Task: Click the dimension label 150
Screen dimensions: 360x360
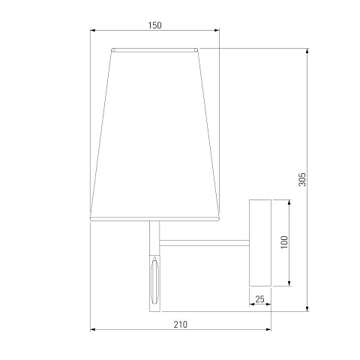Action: [154, 25]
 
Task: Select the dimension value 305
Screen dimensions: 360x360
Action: [302, 179]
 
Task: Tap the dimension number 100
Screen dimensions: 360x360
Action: [284, 242]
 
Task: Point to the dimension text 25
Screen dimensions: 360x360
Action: [259, 299]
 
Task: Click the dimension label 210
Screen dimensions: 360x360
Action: [180, 325]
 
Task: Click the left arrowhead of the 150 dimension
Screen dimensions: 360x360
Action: [93, 31]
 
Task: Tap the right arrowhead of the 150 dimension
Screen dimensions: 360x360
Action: [217, 31]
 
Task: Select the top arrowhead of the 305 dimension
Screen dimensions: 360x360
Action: [307, 51]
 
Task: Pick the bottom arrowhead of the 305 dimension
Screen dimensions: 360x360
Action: [307, 308]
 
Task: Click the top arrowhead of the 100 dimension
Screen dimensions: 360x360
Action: [289, 202]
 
